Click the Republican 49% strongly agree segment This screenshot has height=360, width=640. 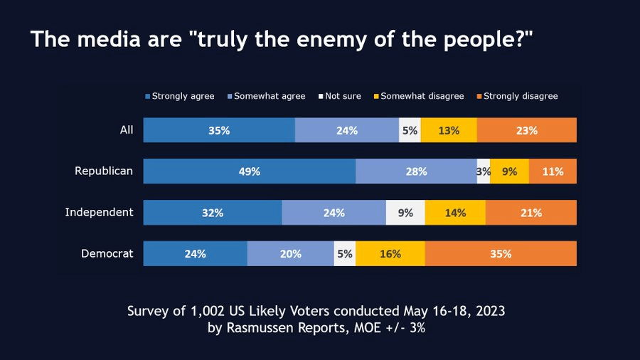pos(250,171)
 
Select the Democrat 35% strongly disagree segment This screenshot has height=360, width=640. pos(501,254)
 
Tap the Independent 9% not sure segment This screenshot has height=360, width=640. pos(405,213)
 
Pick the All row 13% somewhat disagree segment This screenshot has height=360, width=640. pos(449,130)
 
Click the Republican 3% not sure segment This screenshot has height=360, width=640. pos(484,171)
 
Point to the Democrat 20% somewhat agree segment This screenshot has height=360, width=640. pos(291,254)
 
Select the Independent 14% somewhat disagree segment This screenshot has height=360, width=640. pos(455,213)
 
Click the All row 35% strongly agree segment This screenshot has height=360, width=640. pos(219,130)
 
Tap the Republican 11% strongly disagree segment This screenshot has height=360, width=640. pos(553,171)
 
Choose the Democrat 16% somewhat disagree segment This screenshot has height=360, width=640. pos(390,254)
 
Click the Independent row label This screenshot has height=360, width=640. pos(99,212)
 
